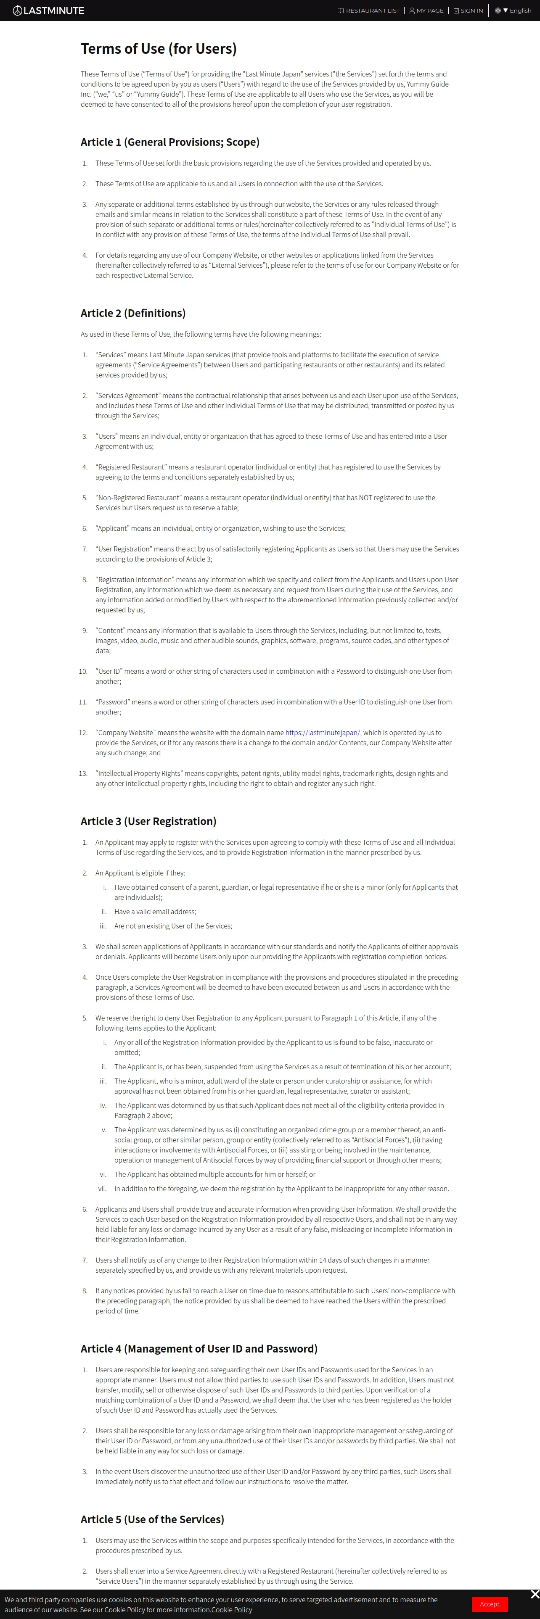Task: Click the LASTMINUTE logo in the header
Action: [x=48, y=11]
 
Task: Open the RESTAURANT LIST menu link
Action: [x=368, y=11]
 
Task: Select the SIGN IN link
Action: [x=469, y=11]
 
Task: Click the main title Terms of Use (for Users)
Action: [x=159, y=49]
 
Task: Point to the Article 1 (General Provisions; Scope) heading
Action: [x=170, y=142]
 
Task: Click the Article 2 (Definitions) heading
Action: [x=132, y=313]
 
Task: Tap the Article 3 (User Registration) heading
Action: [x=148, y=821]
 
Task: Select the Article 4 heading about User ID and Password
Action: [x=199, y=1349]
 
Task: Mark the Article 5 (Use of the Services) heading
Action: [x=152, y=1519]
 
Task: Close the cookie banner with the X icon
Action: [x=535, y=1594]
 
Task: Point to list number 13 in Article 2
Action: [x=83, y=774]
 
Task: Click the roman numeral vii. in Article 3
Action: [x=102, y=1189]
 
